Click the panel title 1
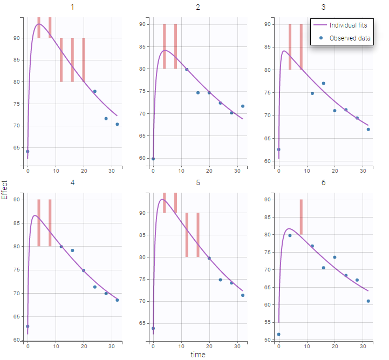coord(72,8)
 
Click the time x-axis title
coord(198,355)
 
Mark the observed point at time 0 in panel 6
coord(278,334)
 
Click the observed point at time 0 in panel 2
coord(153,159)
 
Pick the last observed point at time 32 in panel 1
coord(117,124)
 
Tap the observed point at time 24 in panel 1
coord(95,92)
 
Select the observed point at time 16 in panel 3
coord(323,83)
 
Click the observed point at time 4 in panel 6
coord(290,235)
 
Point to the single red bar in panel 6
coord(301,216)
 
